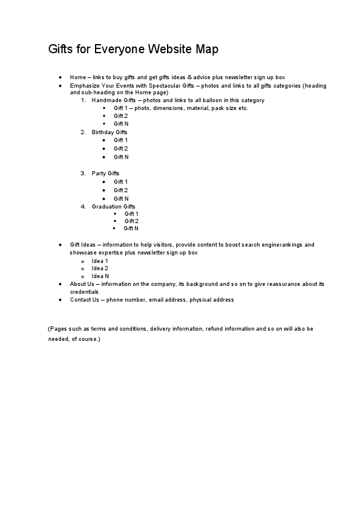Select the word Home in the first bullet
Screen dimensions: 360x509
(77, 77)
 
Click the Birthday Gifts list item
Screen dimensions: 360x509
(110, 132)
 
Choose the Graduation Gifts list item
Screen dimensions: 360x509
(113, 207)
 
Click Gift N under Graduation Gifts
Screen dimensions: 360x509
(131, 229)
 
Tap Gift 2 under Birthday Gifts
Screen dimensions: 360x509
(120, 148)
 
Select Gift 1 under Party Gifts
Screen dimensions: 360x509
(120, 182)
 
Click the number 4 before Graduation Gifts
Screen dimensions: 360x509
(83, 207)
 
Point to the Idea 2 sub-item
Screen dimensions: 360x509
(100, 268)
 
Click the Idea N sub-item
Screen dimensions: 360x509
(100, 276)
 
